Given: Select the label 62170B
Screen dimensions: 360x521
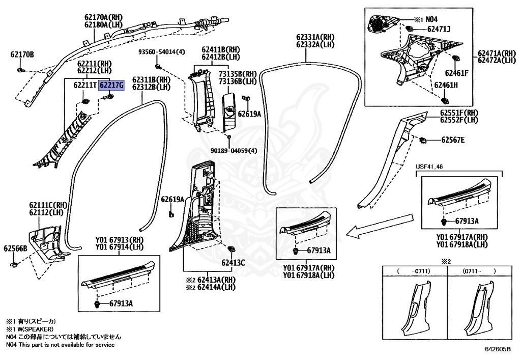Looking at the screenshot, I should (x=22, y=54).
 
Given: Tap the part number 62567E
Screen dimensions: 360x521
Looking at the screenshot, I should (x=453, y=140).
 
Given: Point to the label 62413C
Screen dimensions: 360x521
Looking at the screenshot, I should (x=233, y=263).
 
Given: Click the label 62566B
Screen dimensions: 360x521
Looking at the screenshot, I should (x=15, y=248).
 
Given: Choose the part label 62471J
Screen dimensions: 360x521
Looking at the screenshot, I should (x=439, y=30).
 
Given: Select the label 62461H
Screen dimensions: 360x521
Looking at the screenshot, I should (x=446, y=85).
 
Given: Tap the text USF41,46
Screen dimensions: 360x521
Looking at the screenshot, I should (x=430, y=167).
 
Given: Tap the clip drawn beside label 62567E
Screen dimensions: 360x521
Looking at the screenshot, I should (x=422, y=139).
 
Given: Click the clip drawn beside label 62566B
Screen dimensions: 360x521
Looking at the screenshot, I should (x=14, y=265).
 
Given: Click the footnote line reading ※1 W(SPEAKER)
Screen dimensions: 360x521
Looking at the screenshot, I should (x=32, y=329).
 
